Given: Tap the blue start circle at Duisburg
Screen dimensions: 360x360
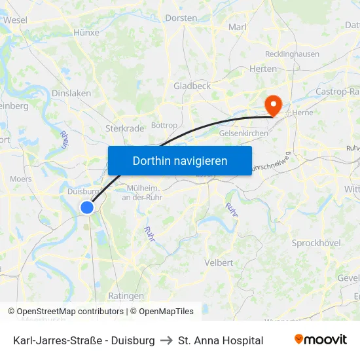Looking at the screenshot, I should click(87, 207).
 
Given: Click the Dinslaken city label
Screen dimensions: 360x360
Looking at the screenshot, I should click(71, 94).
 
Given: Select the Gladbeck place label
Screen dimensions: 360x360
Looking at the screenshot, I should click(192, 86).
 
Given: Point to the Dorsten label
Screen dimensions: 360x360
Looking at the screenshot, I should click(181, 18).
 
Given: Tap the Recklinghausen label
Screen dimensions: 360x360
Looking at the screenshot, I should click(291, 54).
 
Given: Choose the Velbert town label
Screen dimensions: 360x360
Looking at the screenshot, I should click(219, 262).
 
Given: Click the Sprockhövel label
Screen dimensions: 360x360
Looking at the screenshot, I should click(316, 243).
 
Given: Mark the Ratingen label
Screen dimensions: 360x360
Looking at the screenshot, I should click(126, 296).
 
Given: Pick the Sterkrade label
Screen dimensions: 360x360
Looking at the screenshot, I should click(124, 128).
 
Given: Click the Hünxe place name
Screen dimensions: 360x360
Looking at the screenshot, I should click(86, 32).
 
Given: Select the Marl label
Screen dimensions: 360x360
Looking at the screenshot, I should click(237, 27).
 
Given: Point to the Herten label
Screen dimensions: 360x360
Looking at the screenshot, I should click(263, 69).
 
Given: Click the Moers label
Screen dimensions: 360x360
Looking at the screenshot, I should click(21, 179).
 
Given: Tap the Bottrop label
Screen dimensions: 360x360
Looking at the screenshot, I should click(164, 125).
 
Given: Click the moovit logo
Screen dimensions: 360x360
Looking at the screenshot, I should click(321, 340).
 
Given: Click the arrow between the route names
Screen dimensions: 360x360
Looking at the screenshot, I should click(166, 340).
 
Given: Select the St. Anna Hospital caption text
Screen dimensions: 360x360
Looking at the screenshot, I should click(221, 340).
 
